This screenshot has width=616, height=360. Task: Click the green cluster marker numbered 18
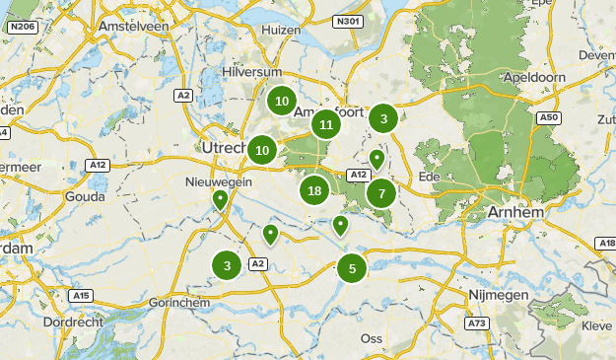(x=314, y=191)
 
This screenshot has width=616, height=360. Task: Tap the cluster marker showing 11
(x=326, y=124)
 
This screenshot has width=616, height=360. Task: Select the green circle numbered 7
(x=381, y=193)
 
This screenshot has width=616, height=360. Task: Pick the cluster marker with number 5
(x=352, y=267)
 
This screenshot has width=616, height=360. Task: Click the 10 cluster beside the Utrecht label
(x=262, y=150)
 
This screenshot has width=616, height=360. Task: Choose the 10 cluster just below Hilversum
(x=282, y=100)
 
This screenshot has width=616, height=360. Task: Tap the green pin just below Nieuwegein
(x=220, y=200)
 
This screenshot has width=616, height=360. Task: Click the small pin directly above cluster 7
(x=376, y=159)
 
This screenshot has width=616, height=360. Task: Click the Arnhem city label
(x=515, y=212)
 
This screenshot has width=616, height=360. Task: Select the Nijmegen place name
(x=500, y=295)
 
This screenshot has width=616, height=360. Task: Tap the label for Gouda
(x=83, y=196)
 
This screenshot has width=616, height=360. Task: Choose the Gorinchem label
(x=177, y=302)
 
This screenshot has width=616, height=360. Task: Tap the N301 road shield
(x=345, y=21)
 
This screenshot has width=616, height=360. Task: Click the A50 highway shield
(x=549, y=117)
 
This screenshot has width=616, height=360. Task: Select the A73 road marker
(x=477, y=323)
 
